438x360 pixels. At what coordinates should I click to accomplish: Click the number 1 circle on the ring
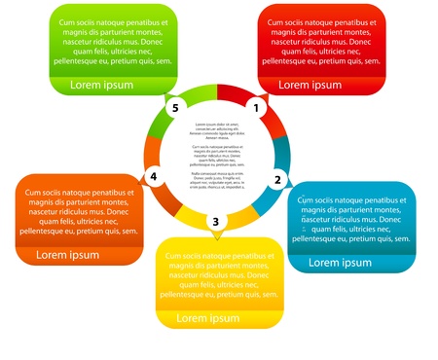(x=257, y=107)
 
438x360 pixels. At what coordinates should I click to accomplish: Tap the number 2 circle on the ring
(x=277, y=179)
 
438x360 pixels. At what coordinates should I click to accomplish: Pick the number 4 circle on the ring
(x=153, y=176)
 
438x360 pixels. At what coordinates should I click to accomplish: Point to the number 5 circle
(x=175, y=107)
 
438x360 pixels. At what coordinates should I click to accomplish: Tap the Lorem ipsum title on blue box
(x=340, y=263)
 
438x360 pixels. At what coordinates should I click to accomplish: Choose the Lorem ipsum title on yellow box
(x=207, y=318)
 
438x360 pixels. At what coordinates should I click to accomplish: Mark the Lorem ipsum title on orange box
(x=68, y=255)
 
